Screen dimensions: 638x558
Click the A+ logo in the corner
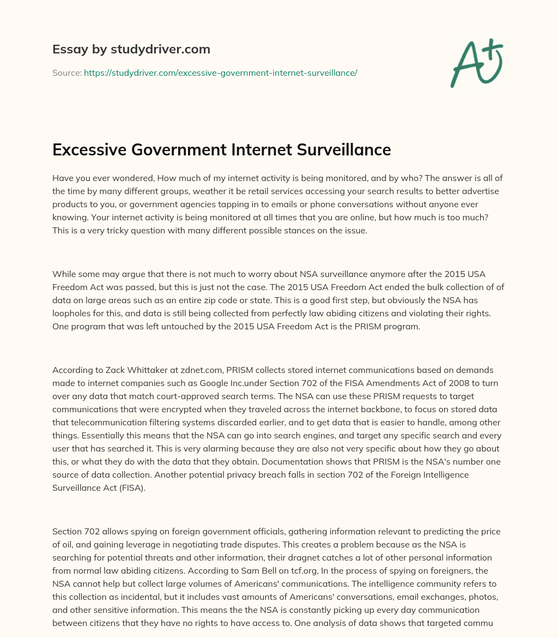click(x=476, y=63)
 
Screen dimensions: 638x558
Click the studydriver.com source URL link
click(x=220, y=73)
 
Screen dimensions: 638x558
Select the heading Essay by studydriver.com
click(x=131, y=50)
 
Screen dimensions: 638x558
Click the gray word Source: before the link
click(x=66, y=73)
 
